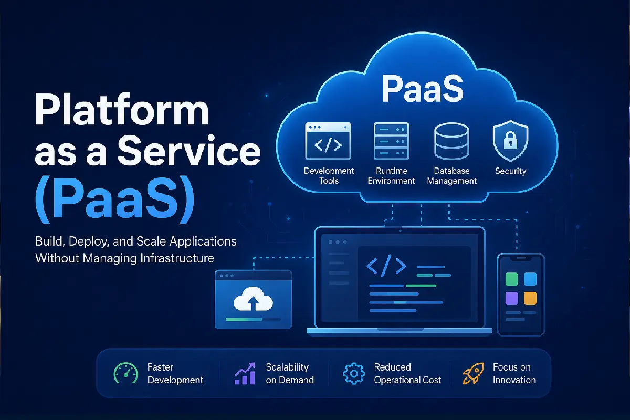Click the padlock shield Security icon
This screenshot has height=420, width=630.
pyautogui.click(x=510, y=140)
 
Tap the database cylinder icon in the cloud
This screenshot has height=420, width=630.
pyautogui.click(x=451, y=141)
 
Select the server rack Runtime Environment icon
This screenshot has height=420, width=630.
pyautogui.click(x=391, y=141)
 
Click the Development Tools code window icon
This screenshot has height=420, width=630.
pyautogui.click(x=328, y=141)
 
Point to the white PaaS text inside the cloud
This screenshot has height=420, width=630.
pyautogui.click(x=423, y=88)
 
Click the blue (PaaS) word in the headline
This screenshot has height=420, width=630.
pyautogui.click(x=115, y=199)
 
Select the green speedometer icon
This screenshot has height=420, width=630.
pyautogui.click(x=125, y=373)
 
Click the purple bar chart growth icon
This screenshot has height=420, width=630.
pyautogui.click(x=245, y=373)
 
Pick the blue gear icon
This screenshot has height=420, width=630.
pyautogui.click(x=354, y=374)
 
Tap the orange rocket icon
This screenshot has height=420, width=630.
pyautogui.click(x=474, y=373)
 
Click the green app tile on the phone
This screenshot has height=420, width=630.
pyautogui.click(x=511, y=279)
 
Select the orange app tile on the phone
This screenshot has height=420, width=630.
pyautogui.click(x=530, y=298)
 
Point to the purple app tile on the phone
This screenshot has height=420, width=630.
pyautogui.click(x=511, y=298)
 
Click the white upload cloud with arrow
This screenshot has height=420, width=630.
pyautogui.click(x=253, y=299)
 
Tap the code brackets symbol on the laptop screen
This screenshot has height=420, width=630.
pyautogui.click(x=386, y=266)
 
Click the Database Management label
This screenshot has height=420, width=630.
pyautogui.click(x=451, y=176)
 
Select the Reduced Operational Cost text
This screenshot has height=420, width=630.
pyautogui.click(x=407, y=374)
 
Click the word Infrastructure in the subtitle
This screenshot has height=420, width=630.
pyautogui.click(x=177, y=258)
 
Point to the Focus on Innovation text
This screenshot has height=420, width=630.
pyautogui.click(x=514, y=374)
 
